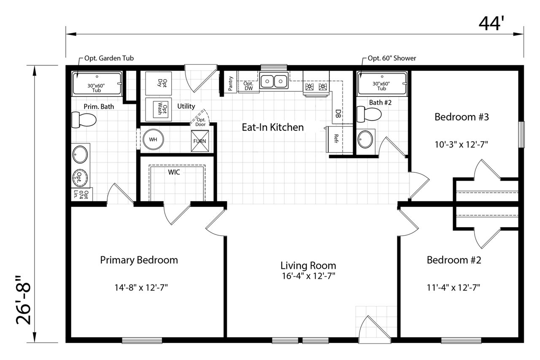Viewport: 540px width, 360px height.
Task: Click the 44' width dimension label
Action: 491,24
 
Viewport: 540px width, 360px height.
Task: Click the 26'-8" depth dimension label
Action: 24,300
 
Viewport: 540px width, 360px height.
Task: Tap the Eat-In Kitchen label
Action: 273,127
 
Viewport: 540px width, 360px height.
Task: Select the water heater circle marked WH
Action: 153,139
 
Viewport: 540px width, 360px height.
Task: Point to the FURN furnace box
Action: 200,141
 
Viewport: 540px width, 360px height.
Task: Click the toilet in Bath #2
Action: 369,114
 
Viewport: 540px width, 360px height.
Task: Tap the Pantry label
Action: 230,83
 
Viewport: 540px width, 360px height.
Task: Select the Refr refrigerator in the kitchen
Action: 336,139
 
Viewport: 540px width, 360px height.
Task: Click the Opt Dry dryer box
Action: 158,83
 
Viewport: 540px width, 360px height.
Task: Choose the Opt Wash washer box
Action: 158,110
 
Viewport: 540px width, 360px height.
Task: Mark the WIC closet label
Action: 174,172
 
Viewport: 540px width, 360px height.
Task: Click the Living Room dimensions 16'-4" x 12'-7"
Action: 308,276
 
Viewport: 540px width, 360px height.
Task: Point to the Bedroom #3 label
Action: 462,117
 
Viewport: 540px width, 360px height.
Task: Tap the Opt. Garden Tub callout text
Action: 109,58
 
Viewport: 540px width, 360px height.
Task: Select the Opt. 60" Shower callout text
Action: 392,58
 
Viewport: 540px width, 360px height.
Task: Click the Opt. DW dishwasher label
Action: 248,86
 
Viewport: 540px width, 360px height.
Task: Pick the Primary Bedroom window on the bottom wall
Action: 142,340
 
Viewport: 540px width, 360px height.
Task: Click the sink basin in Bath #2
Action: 365,139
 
